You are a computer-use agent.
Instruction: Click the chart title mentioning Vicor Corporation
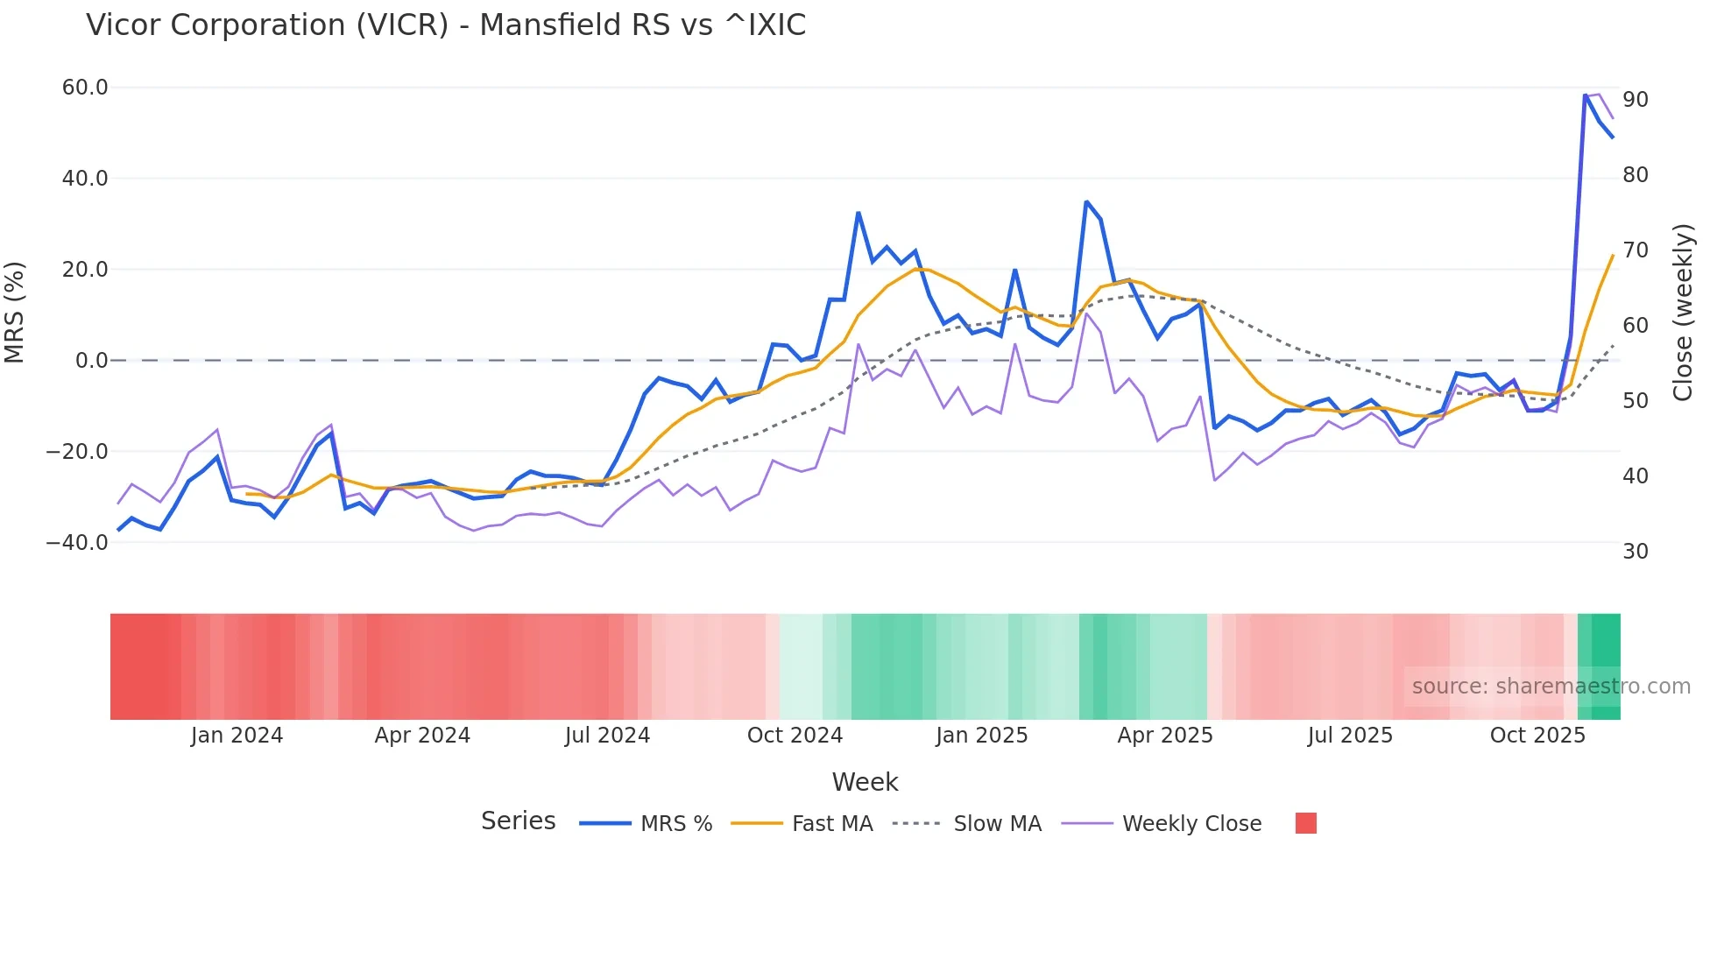445,25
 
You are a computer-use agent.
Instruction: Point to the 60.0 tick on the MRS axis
84,88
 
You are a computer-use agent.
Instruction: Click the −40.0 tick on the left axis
77,543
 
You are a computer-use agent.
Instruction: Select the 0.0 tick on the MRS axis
91,361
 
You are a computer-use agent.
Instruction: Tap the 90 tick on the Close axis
1635,100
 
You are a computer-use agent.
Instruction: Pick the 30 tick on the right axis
1635,552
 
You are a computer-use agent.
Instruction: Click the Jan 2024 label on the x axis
237,736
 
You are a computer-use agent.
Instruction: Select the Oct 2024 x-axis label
795,736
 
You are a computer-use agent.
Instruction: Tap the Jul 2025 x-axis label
1350,736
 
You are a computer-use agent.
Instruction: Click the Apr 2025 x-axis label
1165,736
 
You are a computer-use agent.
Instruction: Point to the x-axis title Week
865,782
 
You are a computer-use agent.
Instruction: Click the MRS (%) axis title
15,312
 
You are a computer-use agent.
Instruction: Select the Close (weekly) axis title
1683,312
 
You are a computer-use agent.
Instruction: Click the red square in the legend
1305,823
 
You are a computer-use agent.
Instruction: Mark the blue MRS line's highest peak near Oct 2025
1586,95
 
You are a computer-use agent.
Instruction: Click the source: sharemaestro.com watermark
1551,687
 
